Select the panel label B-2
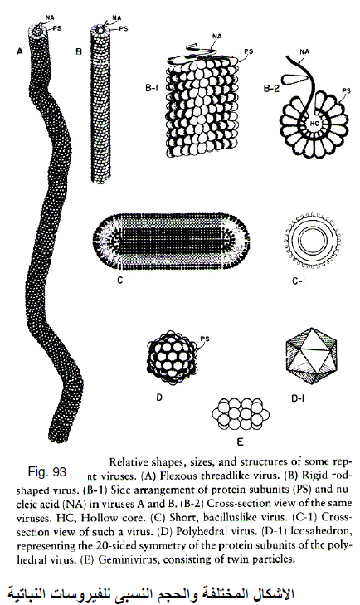point(272,88)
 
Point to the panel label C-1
point(299,281)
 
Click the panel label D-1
point(296,399)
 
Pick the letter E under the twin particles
point(240,442)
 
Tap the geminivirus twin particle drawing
point(241,414)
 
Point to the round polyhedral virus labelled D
point(173,358)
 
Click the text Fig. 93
point(47,472)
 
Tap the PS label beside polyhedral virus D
point(205,339)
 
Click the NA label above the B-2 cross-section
point(304,51)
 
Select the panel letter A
point(20,51)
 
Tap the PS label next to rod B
point(124,28)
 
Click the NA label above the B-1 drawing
point(216,37)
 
